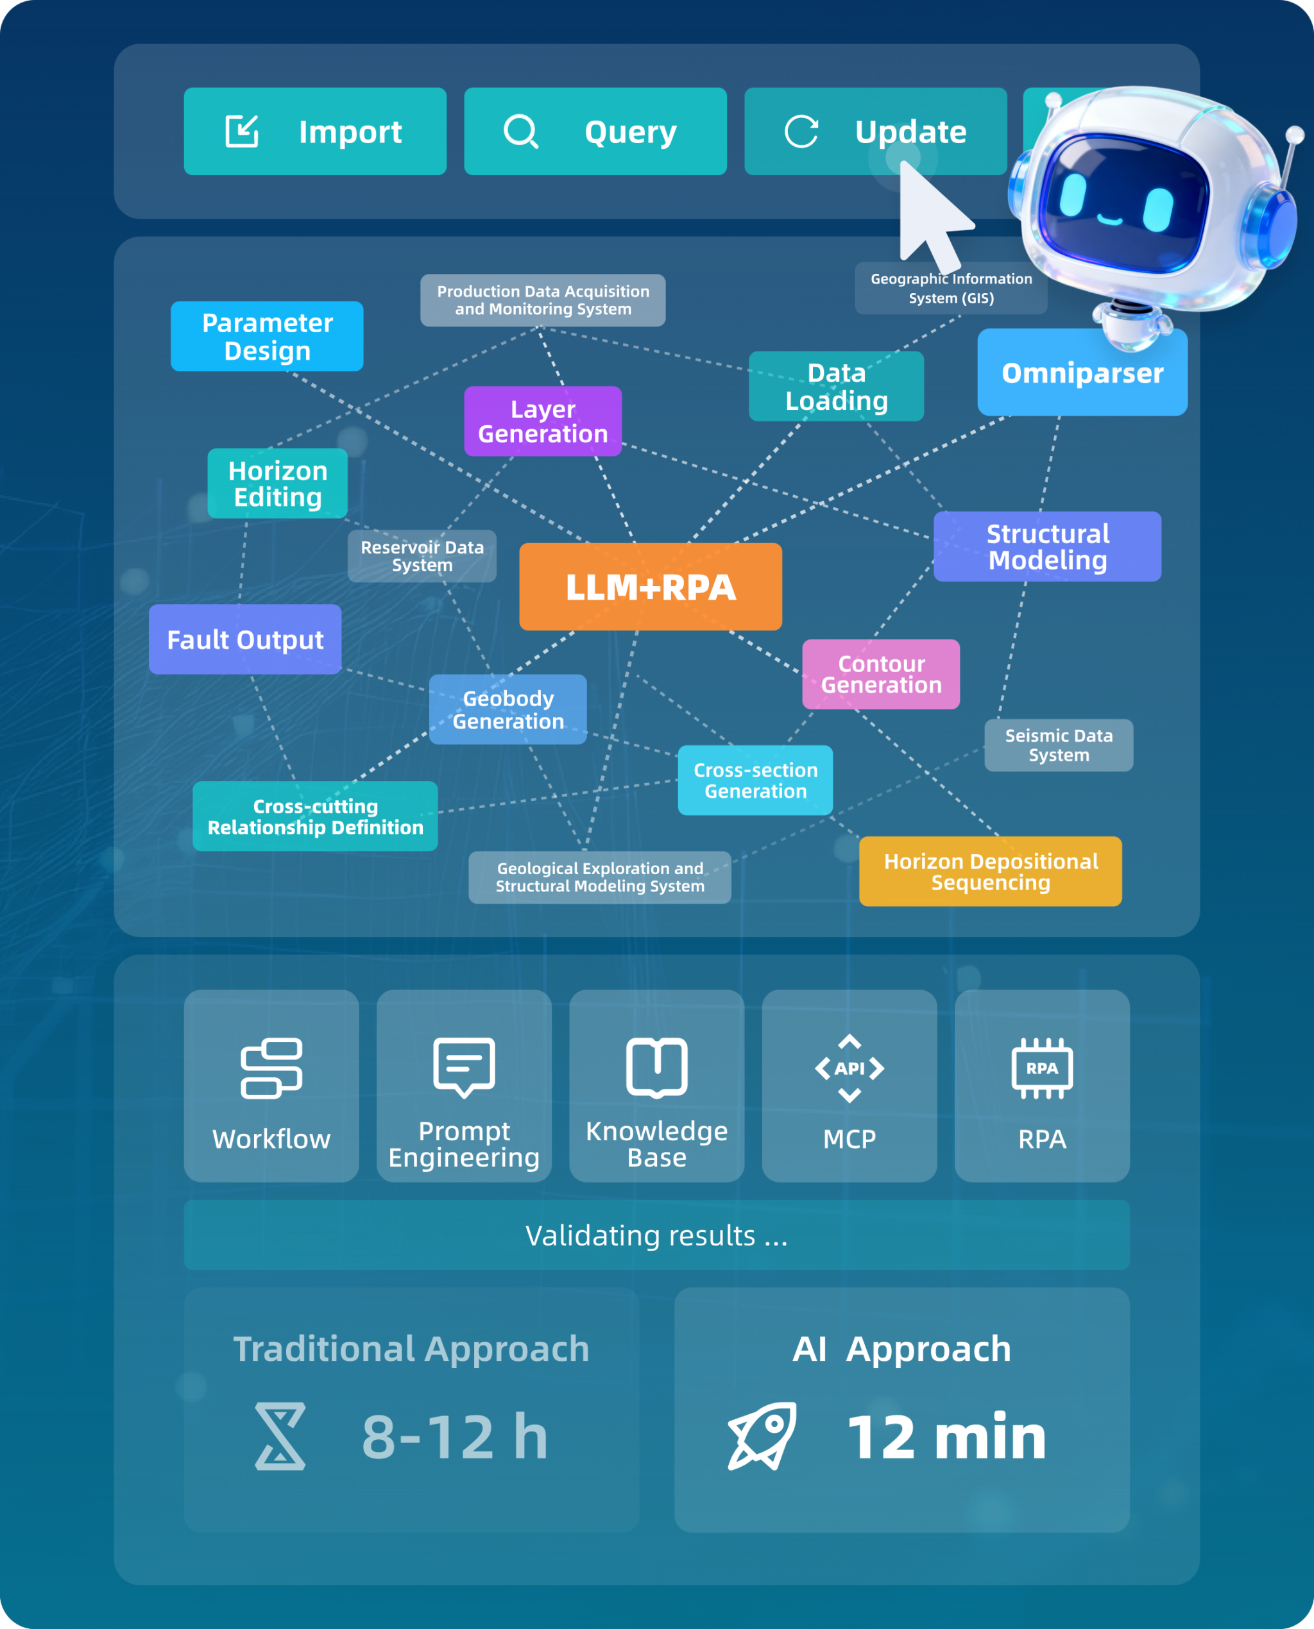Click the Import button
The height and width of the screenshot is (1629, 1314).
315,131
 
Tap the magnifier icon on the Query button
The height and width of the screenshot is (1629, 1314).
521,131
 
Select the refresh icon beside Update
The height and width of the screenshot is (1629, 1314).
801,131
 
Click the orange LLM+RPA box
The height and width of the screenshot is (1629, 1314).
650,586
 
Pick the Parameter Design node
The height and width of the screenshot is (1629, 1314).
267,337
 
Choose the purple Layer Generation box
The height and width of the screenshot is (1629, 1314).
543,421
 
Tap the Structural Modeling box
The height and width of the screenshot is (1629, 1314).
1048,546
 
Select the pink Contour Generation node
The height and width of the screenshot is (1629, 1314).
881,674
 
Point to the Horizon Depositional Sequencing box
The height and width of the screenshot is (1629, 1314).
991,871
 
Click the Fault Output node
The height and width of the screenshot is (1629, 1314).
245,639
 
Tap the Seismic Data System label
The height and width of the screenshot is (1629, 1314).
1059,745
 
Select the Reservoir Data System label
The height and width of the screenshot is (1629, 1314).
422,556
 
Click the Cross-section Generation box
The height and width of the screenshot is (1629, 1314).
755,780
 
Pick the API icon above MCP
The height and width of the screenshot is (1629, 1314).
849,1068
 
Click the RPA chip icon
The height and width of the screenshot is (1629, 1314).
1042,1068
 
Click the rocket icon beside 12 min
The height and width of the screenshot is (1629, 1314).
762,1436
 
